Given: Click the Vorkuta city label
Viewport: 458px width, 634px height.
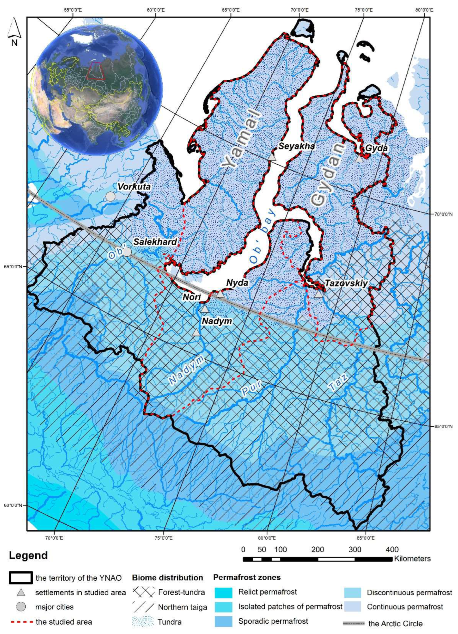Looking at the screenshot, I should [134, 186].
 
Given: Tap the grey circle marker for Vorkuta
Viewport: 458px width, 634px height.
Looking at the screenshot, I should [111, 197].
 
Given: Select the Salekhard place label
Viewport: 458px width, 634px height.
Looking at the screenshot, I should [155, 242].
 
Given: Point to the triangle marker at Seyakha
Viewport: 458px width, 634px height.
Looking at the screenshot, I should [272, 157].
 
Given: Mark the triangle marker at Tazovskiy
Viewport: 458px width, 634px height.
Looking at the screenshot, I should [318, 294].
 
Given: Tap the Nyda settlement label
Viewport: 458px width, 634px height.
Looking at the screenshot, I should [237, 283].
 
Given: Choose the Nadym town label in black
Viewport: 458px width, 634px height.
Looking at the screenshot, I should [217, 321].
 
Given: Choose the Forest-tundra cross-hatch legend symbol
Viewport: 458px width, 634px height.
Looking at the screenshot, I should [143, 592].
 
